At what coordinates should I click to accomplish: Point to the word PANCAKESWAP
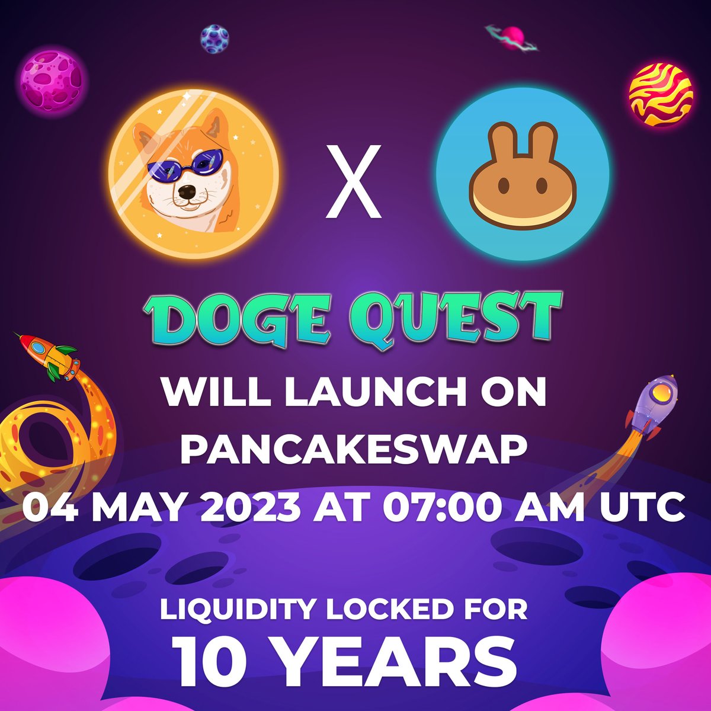click(x=355, y=450)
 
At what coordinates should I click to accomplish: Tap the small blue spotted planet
click(x=214, y=39)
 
